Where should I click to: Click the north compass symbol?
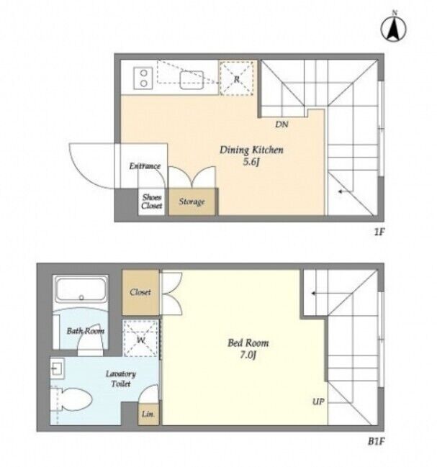tap(394, 29)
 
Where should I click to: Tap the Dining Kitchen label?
tap(251, 150)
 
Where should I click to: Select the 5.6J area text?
tap(251, 163)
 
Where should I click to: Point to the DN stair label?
tap(281, 124)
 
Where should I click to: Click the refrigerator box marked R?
tap(237, 78)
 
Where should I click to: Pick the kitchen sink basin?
tap(192, 80)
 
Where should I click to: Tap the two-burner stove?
tap(143, 78)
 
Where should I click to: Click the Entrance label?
tap(145, 166)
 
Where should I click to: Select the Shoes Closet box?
tap(152, 201)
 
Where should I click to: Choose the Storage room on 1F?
tap(192, 201)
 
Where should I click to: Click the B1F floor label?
tap(377, 441)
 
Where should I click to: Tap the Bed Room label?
tap(248, 343)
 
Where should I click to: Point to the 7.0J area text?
tap(248, 355)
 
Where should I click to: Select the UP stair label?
tap(318, 402)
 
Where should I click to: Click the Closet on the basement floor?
tap(140, 292)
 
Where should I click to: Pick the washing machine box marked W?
tap(141, 338)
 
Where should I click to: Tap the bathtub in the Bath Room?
tap(81, 289)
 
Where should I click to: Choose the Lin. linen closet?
tap(148, 414)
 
